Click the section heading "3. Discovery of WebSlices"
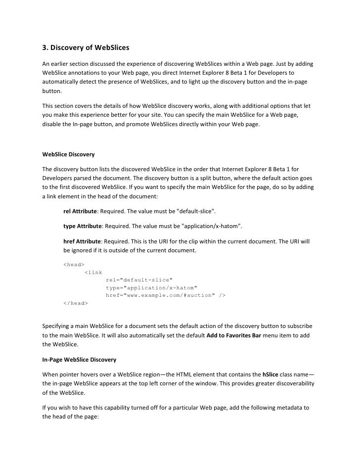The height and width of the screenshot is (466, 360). point(85,48)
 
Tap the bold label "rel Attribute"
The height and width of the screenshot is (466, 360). point(81,212)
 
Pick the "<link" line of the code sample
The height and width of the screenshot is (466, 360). point(93,272)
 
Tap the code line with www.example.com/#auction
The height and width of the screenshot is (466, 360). point(166,295)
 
